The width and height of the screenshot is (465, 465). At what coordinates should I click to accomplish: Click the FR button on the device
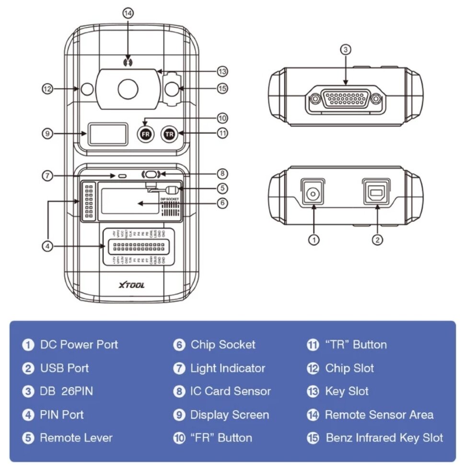click(x=145, y=134)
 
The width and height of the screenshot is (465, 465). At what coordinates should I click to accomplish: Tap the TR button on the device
click(x=169, y=134)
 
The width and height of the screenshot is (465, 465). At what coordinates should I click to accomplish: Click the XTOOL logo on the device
click(x=131, y=285)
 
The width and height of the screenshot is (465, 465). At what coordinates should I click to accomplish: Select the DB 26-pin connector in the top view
click(x=345, y=99)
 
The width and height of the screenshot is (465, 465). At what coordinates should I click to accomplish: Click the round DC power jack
click(x=313, y=194)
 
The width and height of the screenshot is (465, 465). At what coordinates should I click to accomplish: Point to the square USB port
click(x=376, y=193)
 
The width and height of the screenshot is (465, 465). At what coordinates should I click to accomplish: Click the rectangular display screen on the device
click(x=107, y=134)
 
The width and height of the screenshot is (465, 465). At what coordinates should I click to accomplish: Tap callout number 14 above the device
click(x=128, y=13)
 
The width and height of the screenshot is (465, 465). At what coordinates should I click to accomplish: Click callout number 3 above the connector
click(x=346, y=49)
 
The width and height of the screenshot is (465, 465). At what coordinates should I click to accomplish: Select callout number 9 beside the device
click(x=46, y=134)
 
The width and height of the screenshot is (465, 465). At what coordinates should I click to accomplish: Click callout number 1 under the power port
click(x=314, y=240)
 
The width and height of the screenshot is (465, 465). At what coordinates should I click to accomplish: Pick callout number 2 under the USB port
click(x=378, y=240)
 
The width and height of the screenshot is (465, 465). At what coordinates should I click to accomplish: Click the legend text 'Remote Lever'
click(x=76, y=438)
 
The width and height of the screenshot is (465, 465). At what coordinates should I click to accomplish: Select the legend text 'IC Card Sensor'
click(x=231, y=391)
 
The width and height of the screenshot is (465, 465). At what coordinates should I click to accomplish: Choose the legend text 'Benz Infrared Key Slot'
click(x=384, y=438)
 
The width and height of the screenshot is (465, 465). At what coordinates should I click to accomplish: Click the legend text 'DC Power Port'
click(x=79, y=345)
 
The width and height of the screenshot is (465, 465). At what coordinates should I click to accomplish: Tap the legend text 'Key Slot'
click(x=347, y=391)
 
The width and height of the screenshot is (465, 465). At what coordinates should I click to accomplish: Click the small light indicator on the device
click(x=122, y=176)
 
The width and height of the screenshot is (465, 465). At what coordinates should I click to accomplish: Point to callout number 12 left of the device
click(x=47, y=89)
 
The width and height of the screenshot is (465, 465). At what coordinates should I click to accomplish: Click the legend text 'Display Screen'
click(x=230, y=415)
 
